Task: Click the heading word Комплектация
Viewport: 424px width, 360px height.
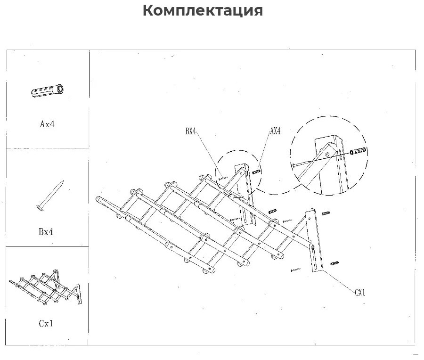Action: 203,11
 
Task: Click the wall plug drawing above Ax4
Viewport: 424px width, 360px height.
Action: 48,90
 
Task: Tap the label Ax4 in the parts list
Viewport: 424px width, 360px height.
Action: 47,124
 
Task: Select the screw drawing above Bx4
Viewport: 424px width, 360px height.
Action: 50,195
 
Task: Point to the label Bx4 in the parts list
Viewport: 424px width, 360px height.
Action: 46,232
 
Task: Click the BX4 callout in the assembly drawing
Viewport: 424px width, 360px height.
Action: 190,131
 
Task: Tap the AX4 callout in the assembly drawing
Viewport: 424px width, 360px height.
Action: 275,131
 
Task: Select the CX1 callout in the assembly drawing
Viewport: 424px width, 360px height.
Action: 360,292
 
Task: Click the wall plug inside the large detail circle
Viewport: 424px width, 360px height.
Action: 358,151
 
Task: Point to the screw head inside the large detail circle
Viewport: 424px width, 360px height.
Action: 293,165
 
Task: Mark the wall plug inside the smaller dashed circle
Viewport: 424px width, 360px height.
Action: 257,172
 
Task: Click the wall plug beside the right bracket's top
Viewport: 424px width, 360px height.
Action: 326,213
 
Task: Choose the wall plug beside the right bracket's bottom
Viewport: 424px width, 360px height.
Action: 334,263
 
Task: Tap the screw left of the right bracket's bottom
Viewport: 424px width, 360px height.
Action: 295,270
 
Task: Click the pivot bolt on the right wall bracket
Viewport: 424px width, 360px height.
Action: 313,247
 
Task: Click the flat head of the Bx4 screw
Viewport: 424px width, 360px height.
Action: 40,207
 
